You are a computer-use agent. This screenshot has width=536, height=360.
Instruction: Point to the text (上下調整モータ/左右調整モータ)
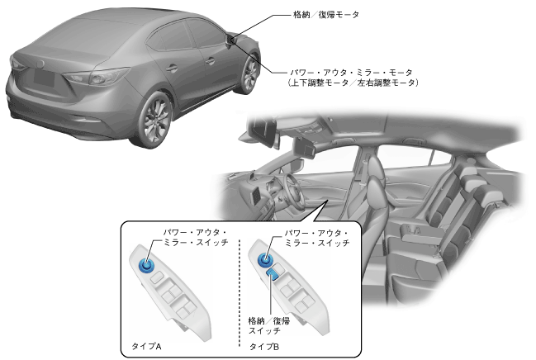tap(353, 83)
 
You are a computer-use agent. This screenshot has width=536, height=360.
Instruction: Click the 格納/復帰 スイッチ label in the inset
tap(269, 324)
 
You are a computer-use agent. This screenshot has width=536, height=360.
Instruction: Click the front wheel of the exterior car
tap(248, 73)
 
